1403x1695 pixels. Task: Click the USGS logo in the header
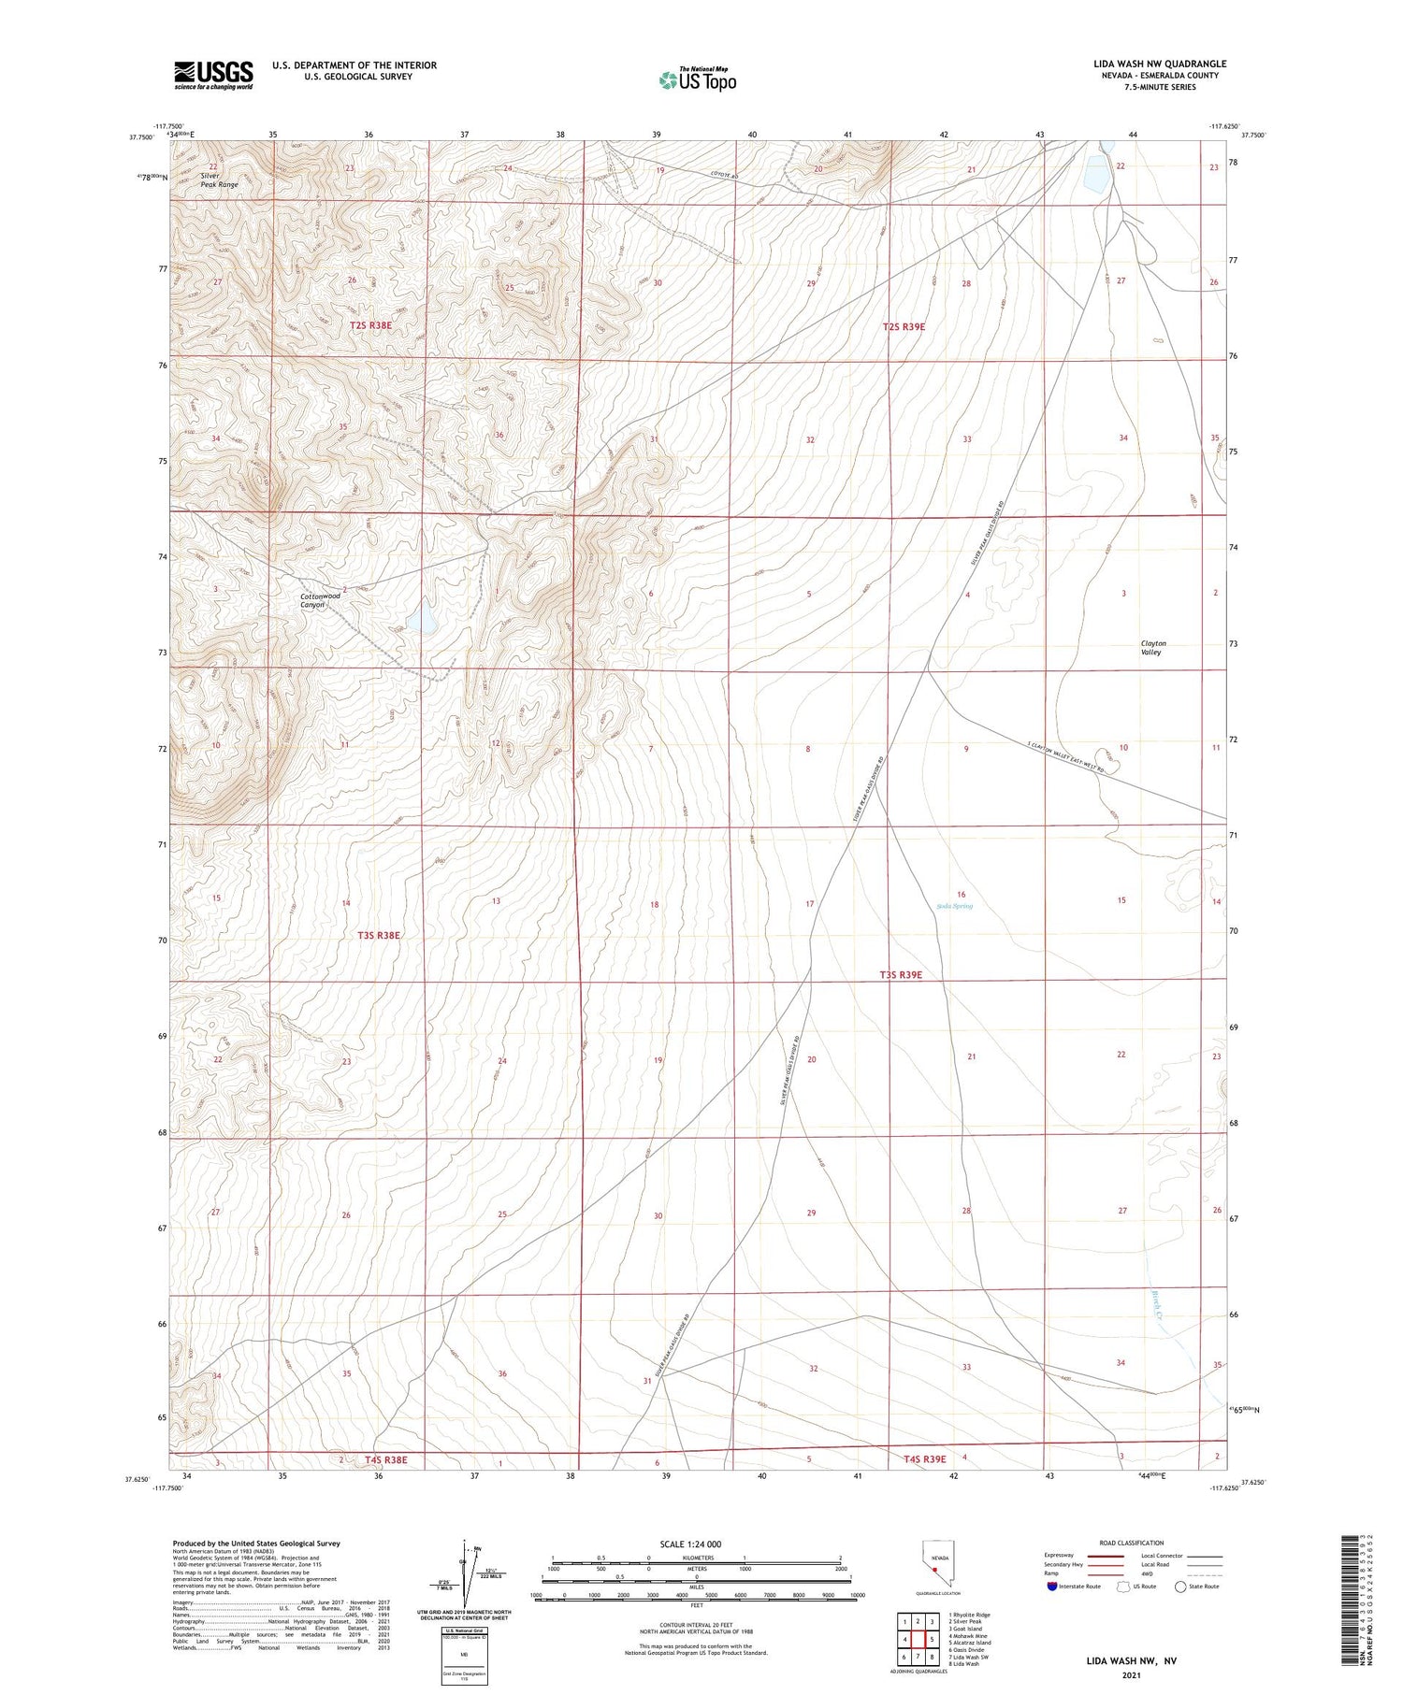(x=213, y=74)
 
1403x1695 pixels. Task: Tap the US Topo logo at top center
(x=698, y=80)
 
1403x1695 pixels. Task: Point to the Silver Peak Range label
(x=219, y=180)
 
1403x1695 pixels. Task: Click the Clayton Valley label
(x=1152, y=648)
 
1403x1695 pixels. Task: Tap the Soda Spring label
(x=954, y=906)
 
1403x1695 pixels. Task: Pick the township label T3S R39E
(x=901, y=975)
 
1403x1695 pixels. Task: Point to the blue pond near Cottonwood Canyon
(x=423, y=617)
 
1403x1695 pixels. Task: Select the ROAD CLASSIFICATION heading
(x=1132, y=1543)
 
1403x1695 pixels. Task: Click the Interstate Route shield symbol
(x=1053, y=1587)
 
